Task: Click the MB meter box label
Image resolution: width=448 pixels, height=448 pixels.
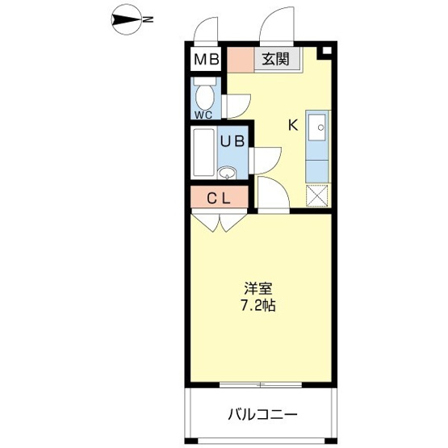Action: pyautogui.click(x=207, y=60)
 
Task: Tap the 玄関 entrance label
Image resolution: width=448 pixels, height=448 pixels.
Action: pyautogui.click(x=276, y=60)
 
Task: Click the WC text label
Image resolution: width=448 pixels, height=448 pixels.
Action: pyautogui.click(x=203, y=115)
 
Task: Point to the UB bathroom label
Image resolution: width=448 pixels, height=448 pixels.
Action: pyautogui.click(x=232, y=141)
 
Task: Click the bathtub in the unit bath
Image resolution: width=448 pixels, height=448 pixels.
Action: pyautogui.click(x=203, y=153)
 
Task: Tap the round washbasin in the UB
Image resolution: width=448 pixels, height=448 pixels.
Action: pyautogui.click(x=227, y=172)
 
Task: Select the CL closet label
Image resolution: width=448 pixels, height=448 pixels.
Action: pyautogui.click(x=219, y=199)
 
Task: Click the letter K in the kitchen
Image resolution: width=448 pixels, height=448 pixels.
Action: pyautogui.click(x=294, y=125)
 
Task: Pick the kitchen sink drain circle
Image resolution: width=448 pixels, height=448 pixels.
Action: pyautogui.click(x=320, y=128)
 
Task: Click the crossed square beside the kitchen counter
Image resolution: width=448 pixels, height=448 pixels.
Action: pyautogui.click(x=317, y=195)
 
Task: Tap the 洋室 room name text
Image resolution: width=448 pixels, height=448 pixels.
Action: pyautogui.click(x=258, y=288)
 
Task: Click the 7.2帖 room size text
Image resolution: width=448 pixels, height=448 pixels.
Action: pyautogui.click(x=258, y=305)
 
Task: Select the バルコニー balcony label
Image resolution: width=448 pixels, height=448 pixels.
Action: pyautogui.click(x=262, y=414)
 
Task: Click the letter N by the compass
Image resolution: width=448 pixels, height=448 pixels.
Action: pyautogui.click(x=148, y=19)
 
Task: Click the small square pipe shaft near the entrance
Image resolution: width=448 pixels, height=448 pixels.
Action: pyautogui.click(x=327, y=51)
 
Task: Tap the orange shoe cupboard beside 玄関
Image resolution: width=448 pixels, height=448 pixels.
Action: pyautogui.click(x=241, y=60)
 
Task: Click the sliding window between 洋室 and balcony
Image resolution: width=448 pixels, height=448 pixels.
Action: pyautogui.click(x=261, y=385)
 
